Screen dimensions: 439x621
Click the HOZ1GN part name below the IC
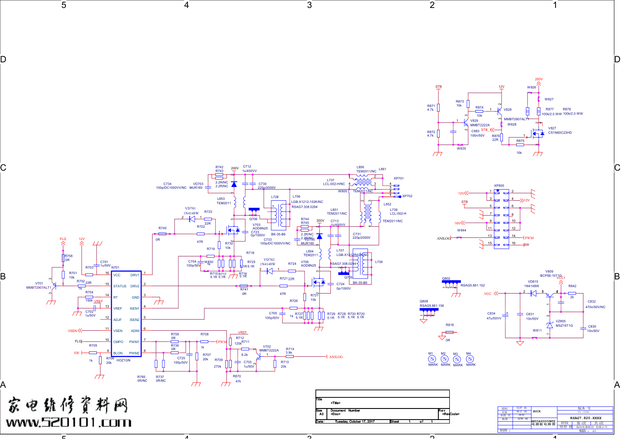pos(123,360)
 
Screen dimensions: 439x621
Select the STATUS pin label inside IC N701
pos(120,286)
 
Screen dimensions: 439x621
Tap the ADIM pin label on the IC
pos(135,331)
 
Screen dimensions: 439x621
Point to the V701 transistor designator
pos(39,283)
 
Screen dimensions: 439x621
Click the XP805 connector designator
pos(499,186)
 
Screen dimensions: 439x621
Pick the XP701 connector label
pos(399,179)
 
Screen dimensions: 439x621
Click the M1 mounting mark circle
pos(432,359)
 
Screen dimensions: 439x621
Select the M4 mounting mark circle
pos(470,359)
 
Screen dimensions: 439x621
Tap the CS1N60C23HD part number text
pos(560,133)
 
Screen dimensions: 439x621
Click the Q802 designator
pos(446,279)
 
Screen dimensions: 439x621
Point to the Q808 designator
pos(424,301)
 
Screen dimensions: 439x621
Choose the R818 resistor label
pos(449,325)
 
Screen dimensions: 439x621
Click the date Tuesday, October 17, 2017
pos(355,421)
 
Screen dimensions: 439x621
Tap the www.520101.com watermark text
pos(69,423)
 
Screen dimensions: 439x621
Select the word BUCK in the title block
pos(537,411)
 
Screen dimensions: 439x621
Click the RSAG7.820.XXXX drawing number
pos(586,418)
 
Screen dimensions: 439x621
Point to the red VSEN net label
pos(72,331)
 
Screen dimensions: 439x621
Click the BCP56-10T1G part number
pos(551,275)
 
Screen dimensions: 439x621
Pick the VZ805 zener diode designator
pos(560,321)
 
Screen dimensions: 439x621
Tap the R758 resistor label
pos(69,256)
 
